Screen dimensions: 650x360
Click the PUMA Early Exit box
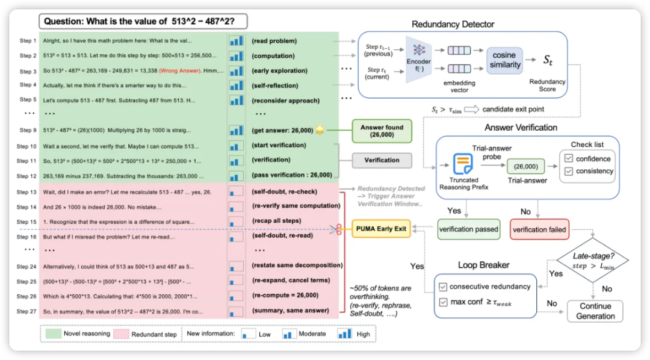coord(381,229)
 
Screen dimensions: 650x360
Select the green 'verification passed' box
coord(468,229)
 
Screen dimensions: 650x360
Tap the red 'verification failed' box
coord(539,229)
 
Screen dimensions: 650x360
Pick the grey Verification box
coord(382,160)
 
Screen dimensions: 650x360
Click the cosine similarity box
coord(504,60)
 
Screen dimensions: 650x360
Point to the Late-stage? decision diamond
coord(593,261)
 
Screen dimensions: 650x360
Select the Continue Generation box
coord(595,311)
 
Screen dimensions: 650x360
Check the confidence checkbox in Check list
coord(569,158)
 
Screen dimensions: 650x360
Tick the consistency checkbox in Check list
coord(569,171)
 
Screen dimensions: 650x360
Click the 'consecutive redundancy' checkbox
coord(443,287)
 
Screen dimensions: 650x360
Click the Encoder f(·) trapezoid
coord(419,59)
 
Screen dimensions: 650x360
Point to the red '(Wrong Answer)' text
coord(180,70)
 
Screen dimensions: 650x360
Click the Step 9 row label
coord(28,130)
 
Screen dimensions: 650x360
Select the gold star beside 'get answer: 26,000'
coord(320,130)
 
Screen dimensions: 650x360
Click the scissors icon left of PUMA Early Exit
coord(336,229)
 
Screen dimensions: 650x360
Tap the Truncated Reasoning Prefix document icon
coord(463,163)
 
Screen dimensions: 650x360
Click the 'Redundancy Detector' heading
coord(453,25)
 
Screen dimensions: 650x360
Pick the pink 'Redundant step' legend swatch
coord(120,334)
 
